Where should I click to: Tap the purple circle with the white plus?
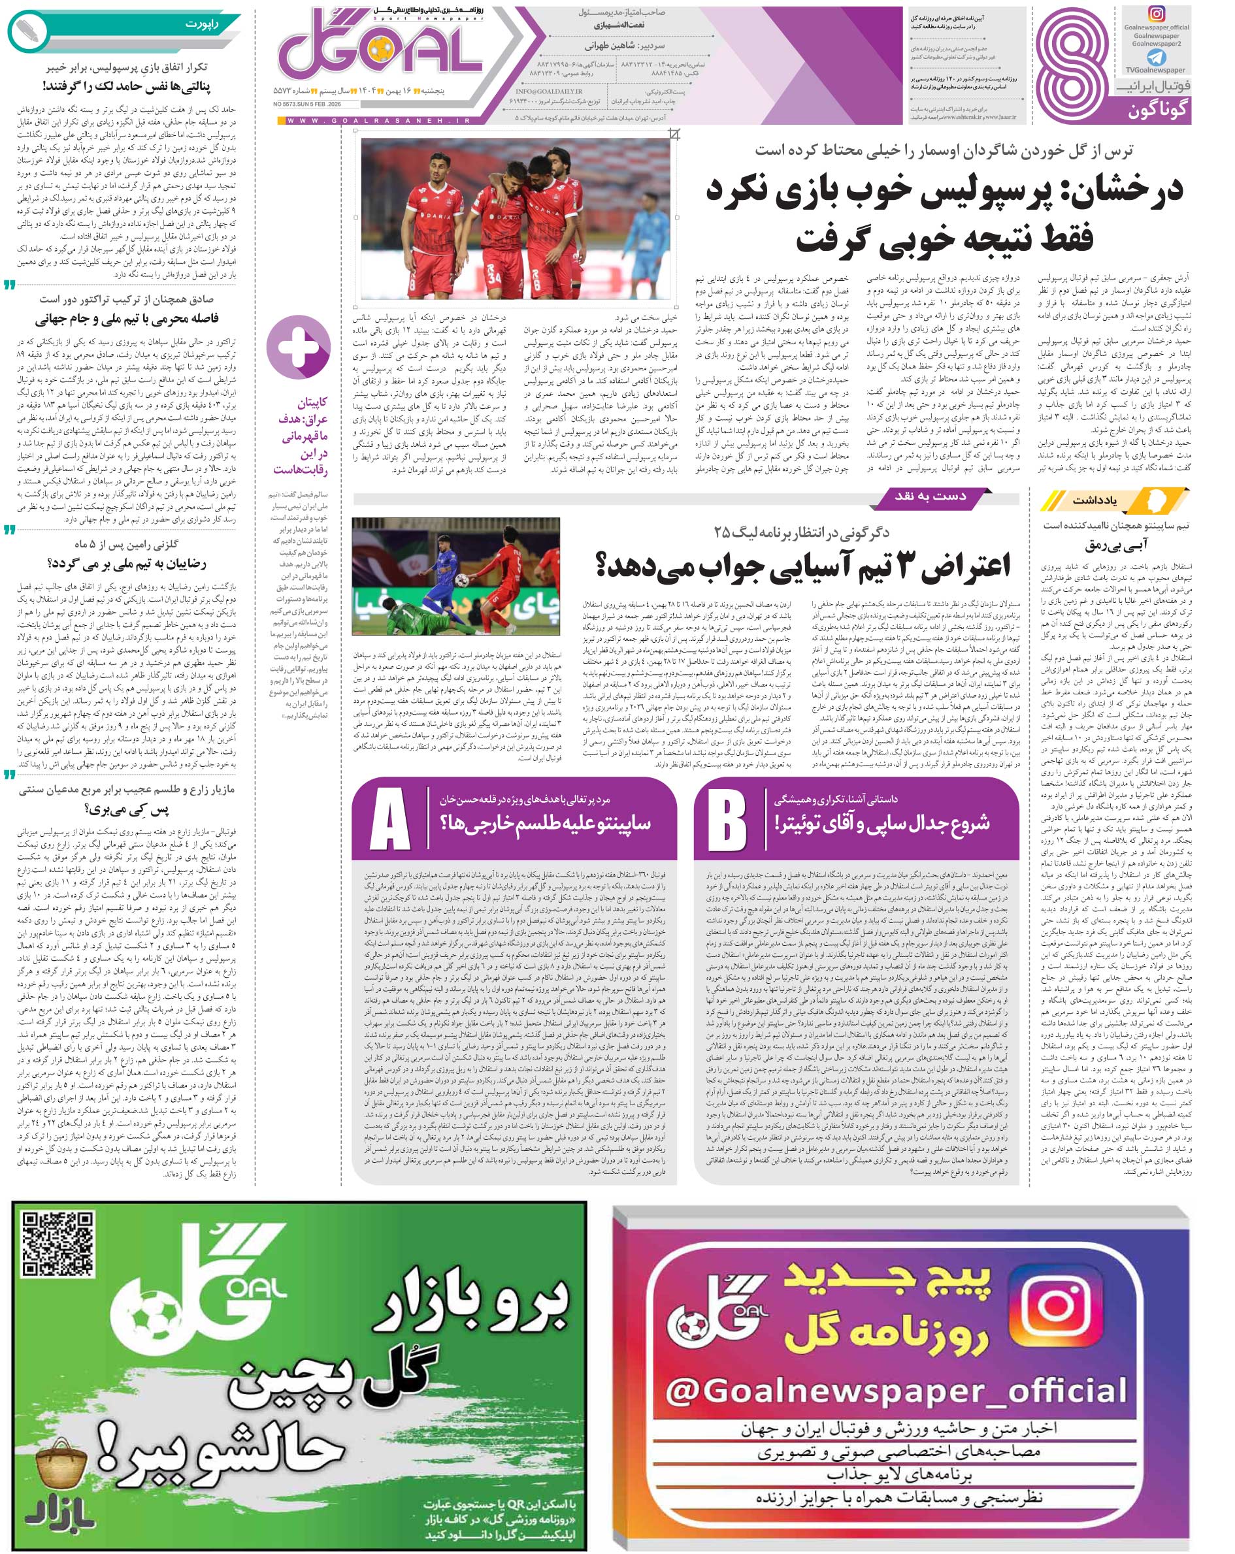pyautogui.click(x=299, y=347)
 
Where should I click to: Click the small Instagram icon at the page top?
pyautogui.click(x=1157, y=14)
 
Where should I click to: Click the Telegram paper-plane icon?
pyautogui.click(x=1156, y=57)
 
